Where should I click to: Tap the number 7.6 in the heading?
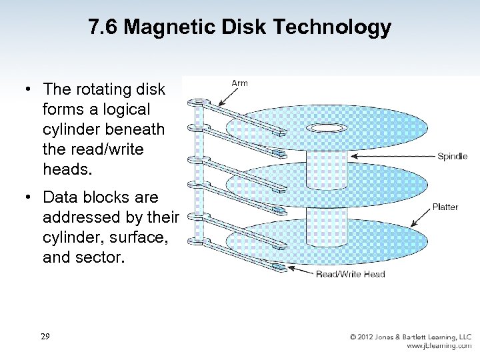pyautogui.click(x=104, y=27)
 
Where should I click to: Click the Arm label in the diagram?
pyautogui.click(x=239, y=83)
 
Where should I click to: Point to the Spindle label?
pyautogui.click(x=452, y=157)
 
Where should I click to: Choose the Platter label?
pyautogui.click(x=445, y=207)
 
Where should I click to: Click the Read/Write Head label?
pyautogui.click(x=350, y=274)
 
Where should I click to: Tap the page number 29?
pyautogui.click(x=45, y=337)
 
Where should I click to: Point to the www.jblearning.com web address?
pyautogui.click(x=439, y=346)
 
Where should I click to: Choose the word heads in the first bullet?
pyautogui.click(x=65, y=169)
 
